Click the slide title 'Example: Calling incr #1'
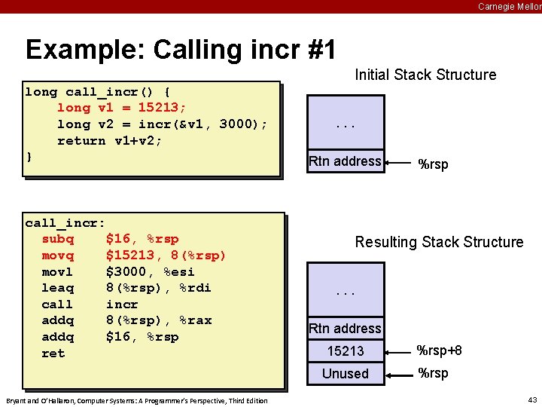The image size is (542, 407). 180,50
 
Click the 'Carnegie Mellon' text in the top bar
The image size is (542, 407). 509,6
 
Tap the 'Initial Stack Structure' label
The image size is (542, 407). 425,75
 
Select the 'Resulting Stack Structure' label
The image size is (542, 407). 439,242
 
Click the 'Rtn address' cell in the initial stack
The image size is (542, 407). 346,161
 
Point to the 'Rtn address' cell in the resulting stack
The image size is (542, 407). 346,329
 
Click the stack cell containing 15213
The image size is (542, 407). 346,351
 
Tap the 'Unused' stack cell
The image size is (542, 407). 346,374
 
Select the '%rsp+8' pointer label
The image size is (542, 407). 440,350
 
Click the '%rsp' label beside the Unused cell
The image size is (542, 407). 433,373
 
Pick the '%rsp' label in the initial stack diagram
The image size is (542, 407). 433,164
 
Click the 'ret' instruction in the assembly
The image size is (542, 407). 53,353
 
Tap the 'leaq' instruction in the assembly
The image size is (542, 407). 58,288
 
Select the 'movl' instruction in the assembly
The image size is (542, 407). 58,271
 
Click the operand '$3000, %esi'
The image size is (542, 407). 151,271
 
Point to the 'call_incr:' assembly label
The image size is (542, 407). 65,222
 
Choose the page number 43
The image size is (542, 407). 532,399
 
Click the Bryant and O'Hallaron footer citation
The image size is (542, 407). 136,400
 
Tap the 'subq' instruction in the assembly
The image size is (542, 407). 58,239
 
